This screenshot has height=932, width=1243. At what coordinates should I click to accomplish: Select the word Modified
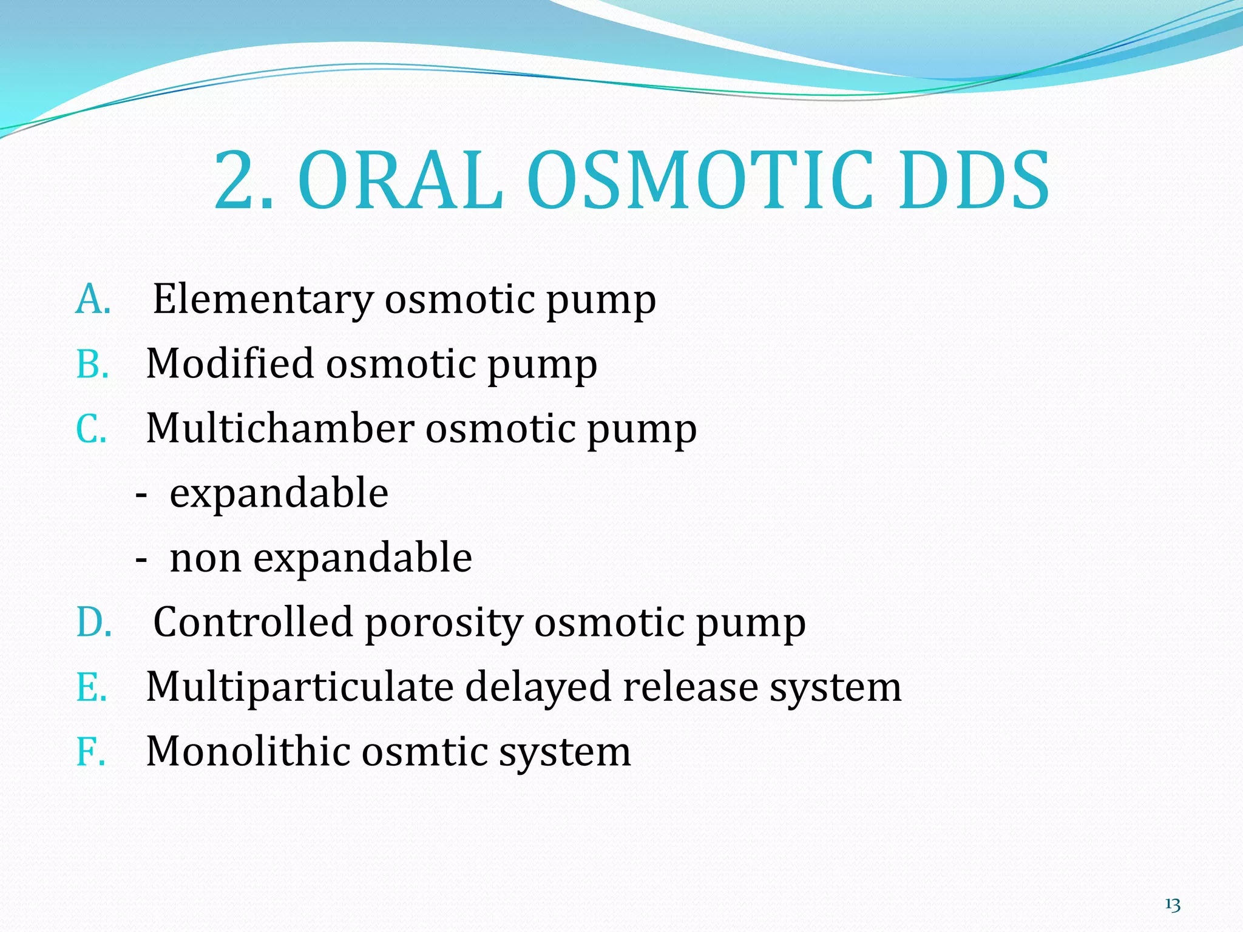pyautogui.click(x=230, y=364)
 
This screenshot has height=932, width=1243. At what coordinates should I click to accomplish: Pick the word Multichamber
pyautogui.click(x=280, y=428)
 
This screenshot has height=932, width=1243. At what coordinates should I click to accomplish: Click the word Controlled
pyautogui.click(x=253, y=623)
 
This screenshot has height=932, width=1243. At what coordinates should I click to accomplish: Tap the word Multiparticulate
pyautogui.click(x=300, y=687)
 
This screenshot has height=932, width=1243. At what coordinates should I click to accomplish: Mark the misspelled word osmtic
pyautogui.click(x=425, y=752)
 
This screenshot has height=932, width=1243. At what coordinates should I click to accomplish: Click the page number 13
pyautogui.click(x=1173, y=905)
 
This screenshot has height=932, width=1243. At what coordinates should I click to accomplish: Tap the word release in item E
pyautogui.click(x=690, y=687)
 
